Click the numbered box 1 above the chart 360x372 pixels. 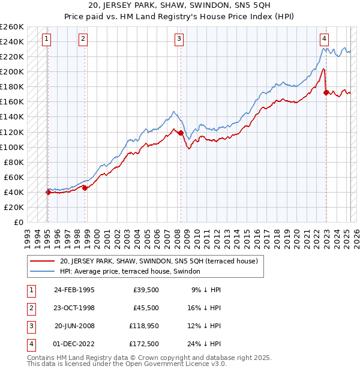click(x=47, y=40)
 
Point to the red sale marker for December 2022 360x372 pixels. click(x=326, y=92)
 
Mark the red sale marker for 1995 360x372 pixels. click(x=48, y=192)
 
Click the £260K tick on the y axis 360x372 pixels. click(x=12, y=27)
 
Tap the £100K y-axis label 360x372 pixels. click(x=12, y=147)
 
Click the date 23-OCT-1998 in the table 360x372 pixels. click(x=74, y=308)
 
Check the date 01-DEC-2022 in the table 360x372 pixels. click(x=74, y=344)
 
